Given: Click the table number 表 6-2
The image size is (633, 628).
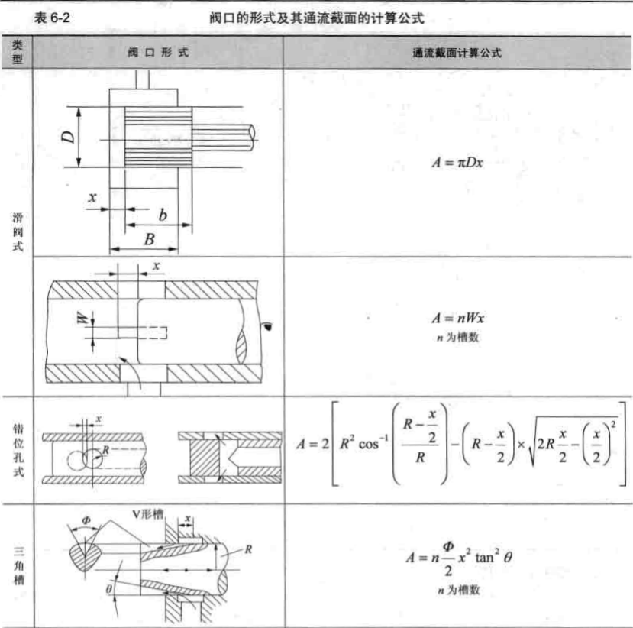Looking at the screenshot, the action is click(52, 18).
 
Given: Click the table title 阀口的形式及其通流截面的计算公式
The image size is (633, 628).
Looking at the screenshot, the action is click(317, 18).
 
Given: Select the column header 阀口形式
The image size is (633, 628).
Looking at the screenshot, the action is click(158, 52).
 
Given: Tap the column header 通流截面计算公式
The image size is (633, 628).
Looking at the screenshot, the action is click(457, 53).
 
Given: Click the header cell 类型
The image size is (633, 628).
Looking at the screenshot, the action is click(18, 52).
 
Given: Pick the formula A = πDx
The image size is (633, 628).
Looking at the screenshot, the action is click(457, 163).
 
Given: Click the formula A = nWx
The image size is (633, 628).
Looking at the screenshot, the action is click(457, 318).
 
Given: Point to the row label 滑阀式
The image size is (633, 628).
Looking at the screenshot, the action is click(18, 231).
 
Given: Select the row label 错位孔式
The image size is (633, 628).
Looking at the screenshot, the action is click(18, 450).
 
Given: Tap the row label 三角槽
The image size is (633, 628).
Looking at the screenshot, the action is click(19, 565).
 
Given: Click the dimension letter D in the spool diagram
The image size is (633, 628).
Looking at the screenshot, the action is click(68, 137).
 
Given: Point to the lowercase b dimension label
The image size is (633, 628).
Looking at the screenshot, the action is click(163, 215).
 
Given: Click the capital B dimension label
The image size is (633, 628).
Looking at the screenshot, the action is click(150, 239).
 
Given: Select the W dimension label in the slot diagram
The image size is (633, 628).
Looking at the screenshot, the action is click(82, 319).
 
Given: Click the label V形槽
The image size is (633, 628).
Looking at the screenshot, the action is click(148, 514).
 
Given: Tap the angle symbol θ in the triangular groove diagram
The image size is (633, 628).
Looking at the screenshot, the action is click(109, 589).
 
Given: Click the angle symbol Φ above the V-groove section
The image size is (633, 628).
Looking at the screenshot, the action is click(86, 520).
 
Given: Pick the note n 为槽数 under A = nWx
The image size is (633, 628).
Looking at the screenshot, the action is click(458, 337).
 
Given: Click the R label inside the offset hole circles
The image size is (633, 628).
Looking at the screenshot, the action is click(106, 450).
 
